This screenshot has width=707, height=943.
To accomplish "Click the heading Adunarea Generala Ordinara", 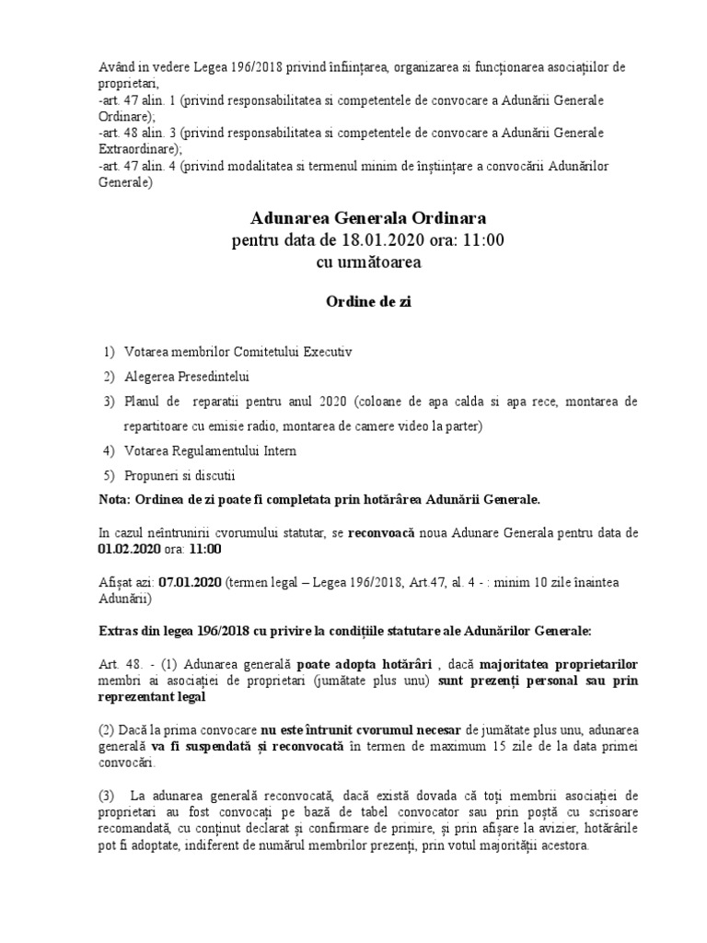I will point(368,218).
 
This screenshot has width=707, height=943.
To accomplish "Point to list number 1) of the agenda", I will point(110,353).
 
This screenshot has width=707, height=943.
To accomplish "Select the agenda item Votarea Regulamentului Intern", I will point(211,451).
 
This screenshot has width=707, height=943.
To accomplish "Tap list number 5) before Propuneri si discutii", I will point(110,476).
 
